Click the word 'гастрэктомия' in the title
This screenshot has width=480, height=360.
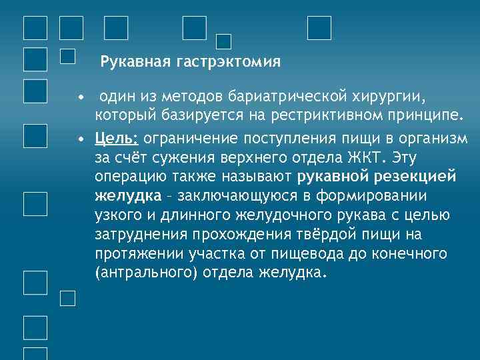pyautogui.click(x=229, y=63)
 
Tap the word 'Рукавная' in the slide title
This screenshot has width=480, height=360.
pyautogui.click(x=136, y=63)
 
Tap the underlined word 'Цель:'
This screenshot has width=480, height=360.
pyautogui.click(x=117, y=138)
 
